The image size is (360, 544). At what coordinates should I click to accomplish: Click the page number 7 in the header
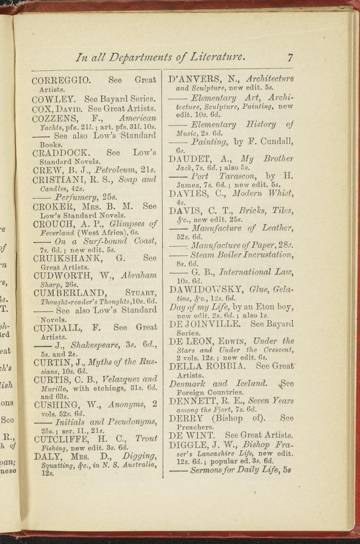click(x=290, y=58)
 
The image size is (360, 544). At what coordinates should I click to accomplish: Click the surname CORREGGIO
click(x=61, y=80)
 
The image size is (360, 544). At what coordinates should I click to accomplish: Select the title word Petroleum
click(x=115, y=170)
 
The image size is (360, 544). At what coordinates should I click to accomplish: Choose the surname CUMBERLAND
click(x=70, y=293)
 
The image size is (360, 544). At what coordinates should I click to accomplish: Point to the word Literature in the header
click(x=217, y=58)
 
